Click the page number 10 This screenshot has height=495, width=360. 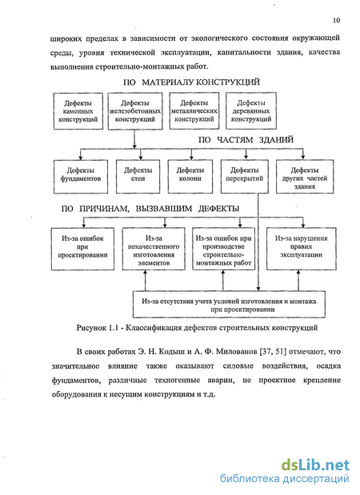pyautogui.click(x=336, y=20)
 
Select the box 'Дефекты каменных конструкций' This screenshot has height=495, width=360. pyautogui.click(x=78, y=111)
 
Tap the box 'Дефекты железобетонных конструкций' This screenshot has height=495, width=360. pyautogui.click(x=135, y=111)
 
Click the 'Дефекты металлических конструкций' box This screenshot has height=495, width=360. pyautogui.click(x=194, y=111)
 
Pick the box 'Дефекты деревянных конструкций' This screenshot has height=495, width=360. pyautogui.click(x=251, y=111)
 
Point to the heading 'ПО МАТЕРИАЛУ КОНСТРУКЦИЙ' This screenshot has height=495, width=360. pyautogui.click(x=191, y=82)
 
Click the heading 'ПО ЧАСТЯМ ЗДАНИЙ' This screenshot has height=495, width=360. pyautogui.click(x=246, y=140)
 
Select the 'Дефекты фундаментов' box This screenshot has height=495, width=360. pyautogui.click(x=81, y=177)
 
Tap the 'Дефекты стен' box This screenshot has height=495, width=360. pyautogui.click(x=138, y=177)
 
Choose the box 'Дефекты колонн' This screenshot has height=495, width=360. pyautogui.click(x=190, y=177)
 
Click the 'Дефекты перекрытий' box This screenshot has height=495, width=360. pyautogui.click(x=245, y=177)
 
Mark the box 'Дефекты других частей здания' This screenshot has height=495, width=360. pyautogui.click(x=305, y=177)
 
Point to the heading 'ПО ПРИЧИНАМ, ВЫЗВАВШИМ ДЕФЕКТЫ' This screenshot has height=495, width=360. pyautogui.click(x=150, y=209)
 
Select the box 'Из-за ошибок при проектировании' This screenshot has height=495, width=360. pyautogui.click(x=82, y=249)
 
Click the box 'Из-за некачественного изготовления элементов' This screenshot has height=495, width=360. pyautogui.click(x=154, y=249)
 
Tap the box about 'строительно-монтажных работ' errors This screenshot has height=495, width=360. pyautogui.click(x=223, y=249)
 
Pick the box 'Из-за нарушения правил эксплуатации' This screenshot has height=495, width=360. pyautogui.click(x=302, y=249)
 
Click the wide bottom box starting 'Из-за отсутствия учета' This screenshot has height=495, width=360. pyautogui.click(x=229, y=304)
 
